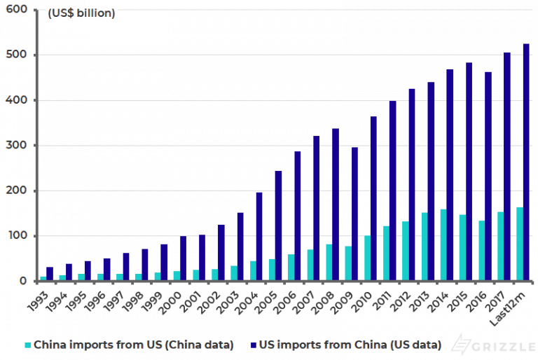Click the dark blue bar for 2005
(279, 226)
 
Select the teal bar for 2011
(386, 254)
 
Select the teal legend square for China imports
(28, 345)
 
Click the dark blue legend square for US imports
(253, 345)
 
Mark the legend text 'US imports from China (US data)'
(350, 345)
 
